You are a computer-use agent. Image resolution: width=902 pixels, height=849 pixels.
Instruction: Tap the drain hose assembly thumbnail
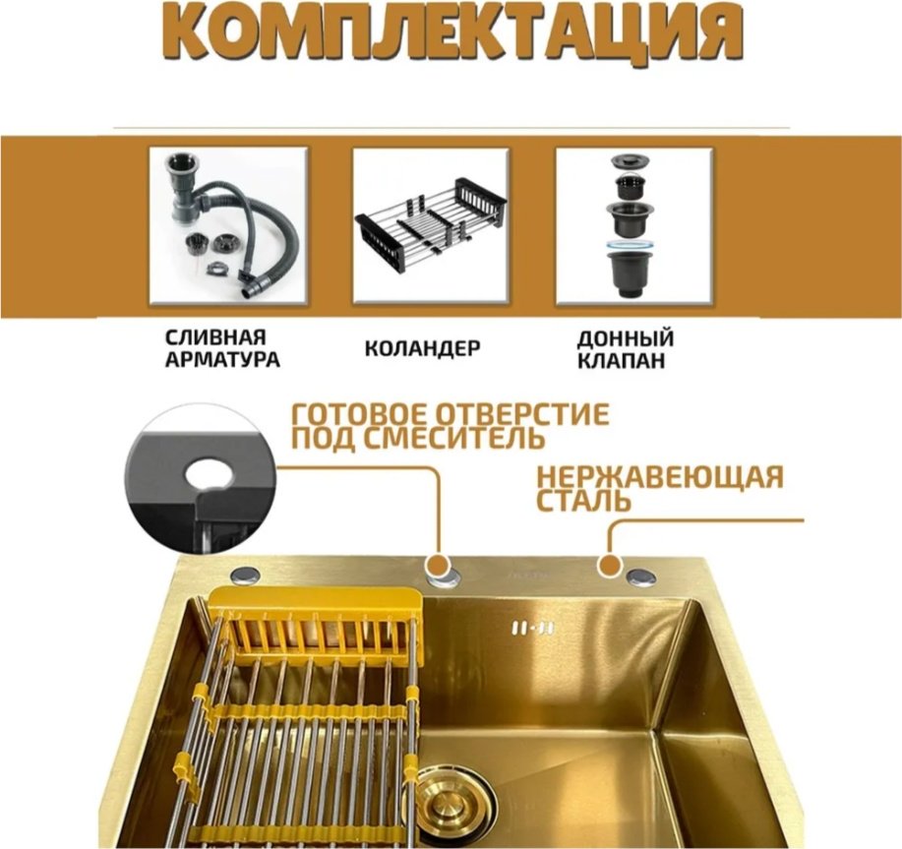tap(228, 225)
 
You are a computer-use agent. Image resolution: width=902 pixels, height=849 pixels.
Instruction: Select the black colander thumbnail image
tap(431, 225)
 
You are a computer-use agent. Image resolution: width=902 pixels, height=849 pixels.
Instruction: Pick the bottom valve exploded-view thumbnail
tap(633, 225)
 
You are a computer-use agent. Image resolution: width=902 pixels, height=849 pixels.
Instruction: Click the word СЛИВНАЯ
tap(215, 337)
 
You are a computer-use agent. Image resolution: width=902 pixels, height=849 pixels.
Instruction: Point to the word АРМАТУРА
tap(222, 360)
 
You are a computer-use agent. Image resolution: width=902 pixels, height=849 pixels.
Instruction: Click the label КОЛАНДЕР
tap(423, 348)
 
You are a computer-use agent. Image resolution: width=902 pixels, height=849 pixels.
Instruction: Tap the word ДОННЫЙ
tap(626, 338)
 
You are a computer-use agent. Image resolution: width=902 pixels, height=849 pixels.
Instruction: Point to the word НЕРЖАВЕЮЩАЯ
tap(660, 477)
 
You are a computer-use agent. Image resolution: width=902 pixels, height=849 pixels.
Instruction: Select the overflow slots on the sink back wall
tap(533, 629)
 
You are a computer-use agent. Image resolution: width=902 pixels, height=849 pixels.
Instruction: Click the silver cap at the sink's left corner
tap(246, 575)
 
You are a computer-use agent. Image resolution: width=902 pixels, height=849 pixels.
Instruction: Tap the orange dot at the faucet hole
tap(439, 566)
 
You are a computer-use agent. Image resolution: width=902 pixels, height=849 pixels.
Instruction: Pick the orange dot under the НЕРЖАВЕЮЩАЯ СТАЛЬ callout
tap(610, 566)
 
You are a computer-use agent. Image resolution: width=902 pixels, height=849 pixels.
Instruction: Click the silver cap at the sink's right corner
tap(640, 576)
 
